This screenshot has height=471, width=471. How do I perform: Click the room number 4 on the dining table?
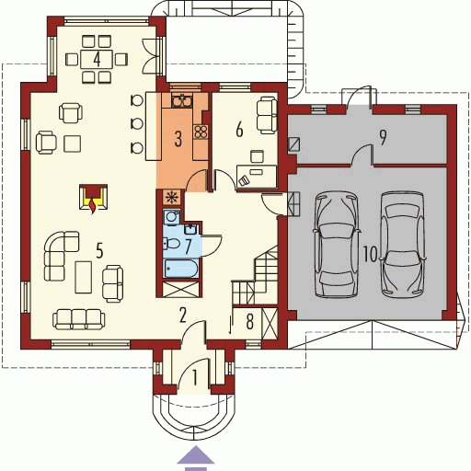pyautogui.click(x=96, y=58)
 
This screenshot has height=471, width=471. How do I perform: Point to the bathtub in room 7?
pyautogui.click(x=179, y=268)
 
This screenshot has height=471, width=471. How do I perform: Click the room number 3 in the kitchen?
pyautogui.click(x=178, y=140)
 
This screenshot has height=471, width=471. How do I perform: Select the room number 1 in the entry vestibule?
pyautogui.click(x=194, y=376)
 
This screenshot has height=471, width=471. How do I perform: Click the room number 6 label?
pyautogui.click(x=239, y=130)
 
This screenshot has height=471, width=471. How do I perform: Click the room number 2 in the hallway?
pyautogui.click(x=183, y=316)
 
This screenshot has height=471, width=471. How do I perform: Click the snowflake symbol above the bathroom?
pyautogui.click(x=170, y=196)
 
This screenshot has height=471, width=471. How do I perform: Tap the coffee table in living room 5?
pyautogui.click(x=84, y=277)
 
